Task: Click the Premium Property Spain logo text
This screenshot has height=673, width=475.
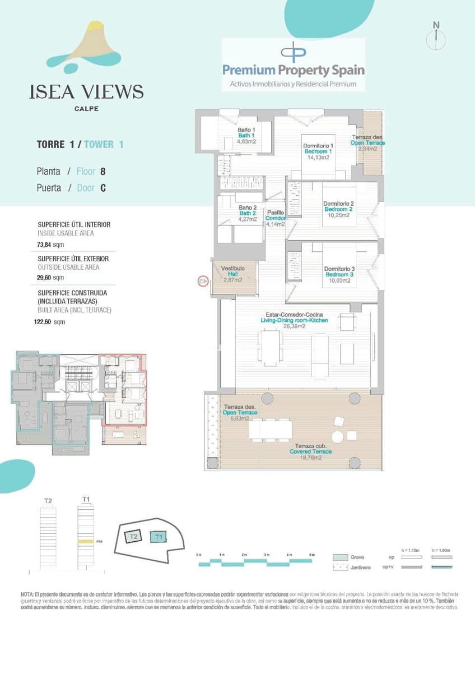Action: [294, 70]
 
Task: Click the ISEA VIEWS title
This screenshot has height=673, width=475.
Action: [86, 91]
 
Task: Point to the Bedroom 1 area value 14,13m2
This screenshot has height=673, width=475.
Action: [318, 158]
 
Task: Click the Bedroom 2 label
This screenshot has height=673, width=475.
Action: [338, 209]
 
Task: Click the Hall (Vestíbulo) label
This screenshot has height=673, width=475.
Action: [232, 274]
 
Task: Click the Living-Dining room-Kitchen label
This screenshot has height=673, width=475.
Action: [294, 320]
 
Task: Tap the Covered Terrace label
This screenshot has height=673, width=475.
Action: [310, 451]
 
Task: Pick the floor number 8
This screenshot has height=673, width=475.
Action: [103, 172]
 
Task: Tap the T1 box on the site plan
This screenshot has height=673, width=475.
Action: [159, 537]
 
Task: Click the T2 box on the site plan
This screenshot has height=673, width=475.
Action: [133, 537]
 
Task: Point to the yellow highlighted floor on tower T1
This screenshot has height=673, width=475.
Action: [85, 541]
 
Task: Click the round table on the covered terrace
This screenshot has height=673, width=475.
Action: [337, 436]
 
